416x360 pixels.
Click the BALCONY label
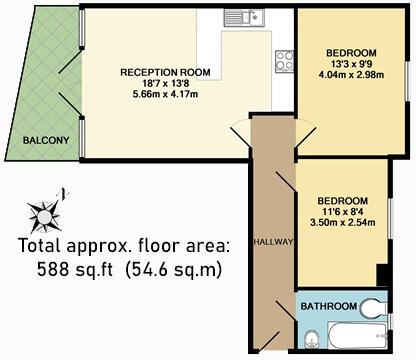pyautogui.click(x=46, y=140)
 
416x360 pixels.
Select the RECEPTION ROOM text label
pyautogui.click(x=163, y=72)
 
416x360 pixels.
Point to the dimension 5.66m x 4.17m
pyautogui.click(x=163, y=97)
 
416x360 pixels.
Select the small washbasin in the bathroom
pyautogui.click(x=376, y=306)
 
